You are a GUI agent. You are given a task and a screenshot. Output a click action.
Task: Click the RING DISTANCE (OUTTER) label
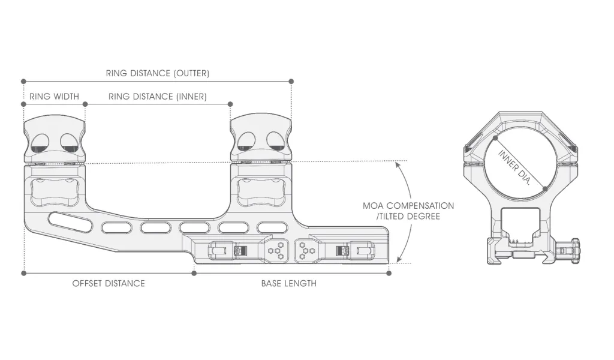tap(157, 74)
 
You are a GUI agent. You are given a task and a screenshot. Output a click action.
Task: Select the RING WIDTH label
tap(54, 96)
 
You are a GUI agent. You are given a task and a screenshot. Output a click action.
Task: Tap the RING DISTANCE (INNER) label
tap(157, 96)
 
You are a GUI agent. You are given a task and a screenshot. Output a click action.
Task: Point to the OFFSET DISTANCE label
tap(109, 283)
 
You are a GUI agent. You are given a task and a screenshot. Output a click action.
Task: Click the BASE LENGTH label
tap(288, 283)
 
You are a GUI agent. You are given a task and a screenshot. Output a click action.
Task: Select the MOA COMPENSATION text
tap(408, 206)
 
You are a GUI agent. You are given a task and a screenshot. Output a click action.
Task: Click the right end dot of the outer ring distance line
tap(291, 81)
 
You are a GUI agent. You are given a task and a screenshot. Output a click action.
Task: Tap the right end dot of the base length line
tap(389, 273)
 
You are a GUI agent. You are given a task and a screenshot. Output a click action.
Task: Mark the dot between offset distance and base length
tap(194, 273)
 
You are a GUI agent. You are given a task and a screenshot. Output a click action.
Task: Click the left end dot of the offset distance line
tap(23, 273)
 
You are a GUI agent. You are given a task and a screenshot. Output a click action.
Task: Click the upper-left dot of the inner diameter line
tap(496, 137)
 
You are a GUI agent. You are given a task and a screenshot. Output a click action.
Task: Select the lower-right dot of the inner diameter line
tap(544, 189)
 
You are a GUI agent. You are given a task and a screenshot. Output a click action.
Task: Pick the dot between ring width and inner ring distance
tap(85, 104)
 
